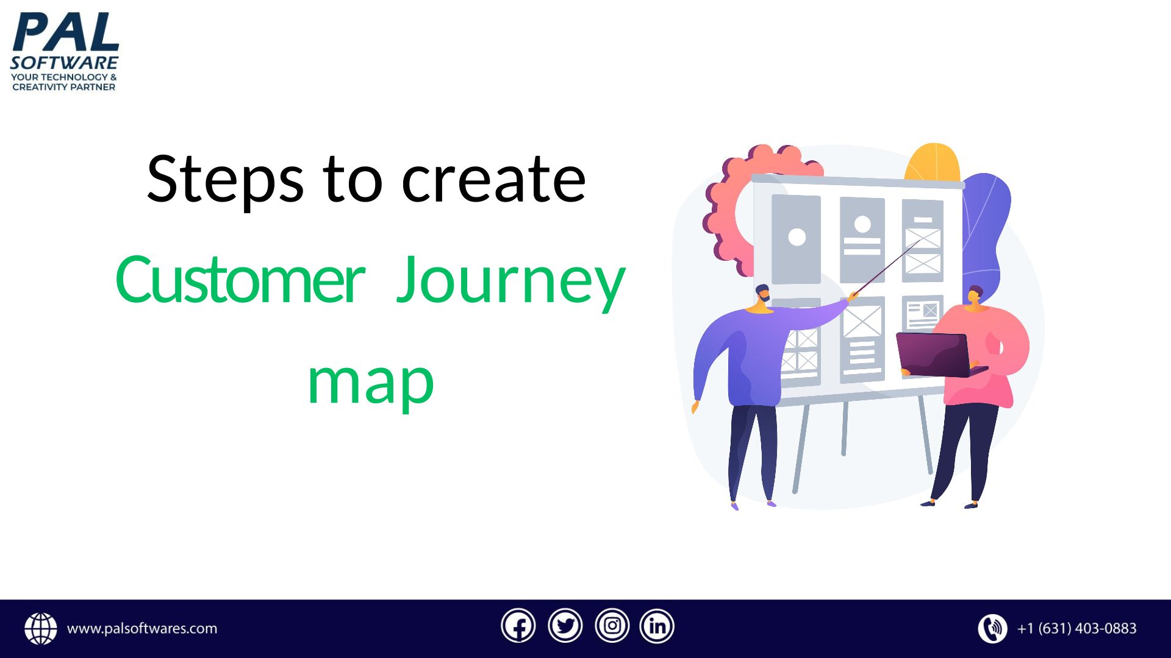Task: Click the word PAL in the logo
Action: tap(65, 32)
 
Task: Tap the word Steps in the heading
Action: tap(225, 180)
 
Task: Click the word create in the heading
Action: tap(493, 180)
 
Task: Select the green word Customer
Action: tap(240, 280)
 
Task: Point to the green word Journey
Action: tap(511, 283)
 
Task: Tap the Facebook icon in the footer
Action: tap(518, 626)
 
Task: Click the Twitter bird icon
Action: tap(565, 626)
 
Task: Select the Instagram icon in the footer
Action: tap(612, 626)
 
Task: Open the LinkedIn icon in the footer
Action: tap(657, 626)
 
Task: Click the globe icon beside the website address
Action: tap(41, 629)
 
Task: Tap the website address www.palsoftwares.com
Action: tap(142, 629)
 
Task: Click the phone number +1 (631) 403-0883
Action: tap(1077, 628)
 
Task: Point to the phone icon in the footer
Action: tap(993, 629)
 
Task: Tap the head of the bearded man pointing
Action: tap(762, 295)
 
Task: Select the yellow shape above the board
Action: tap(932, 162)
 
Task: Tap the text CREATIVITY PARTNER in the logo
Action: tap(64, 87)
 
